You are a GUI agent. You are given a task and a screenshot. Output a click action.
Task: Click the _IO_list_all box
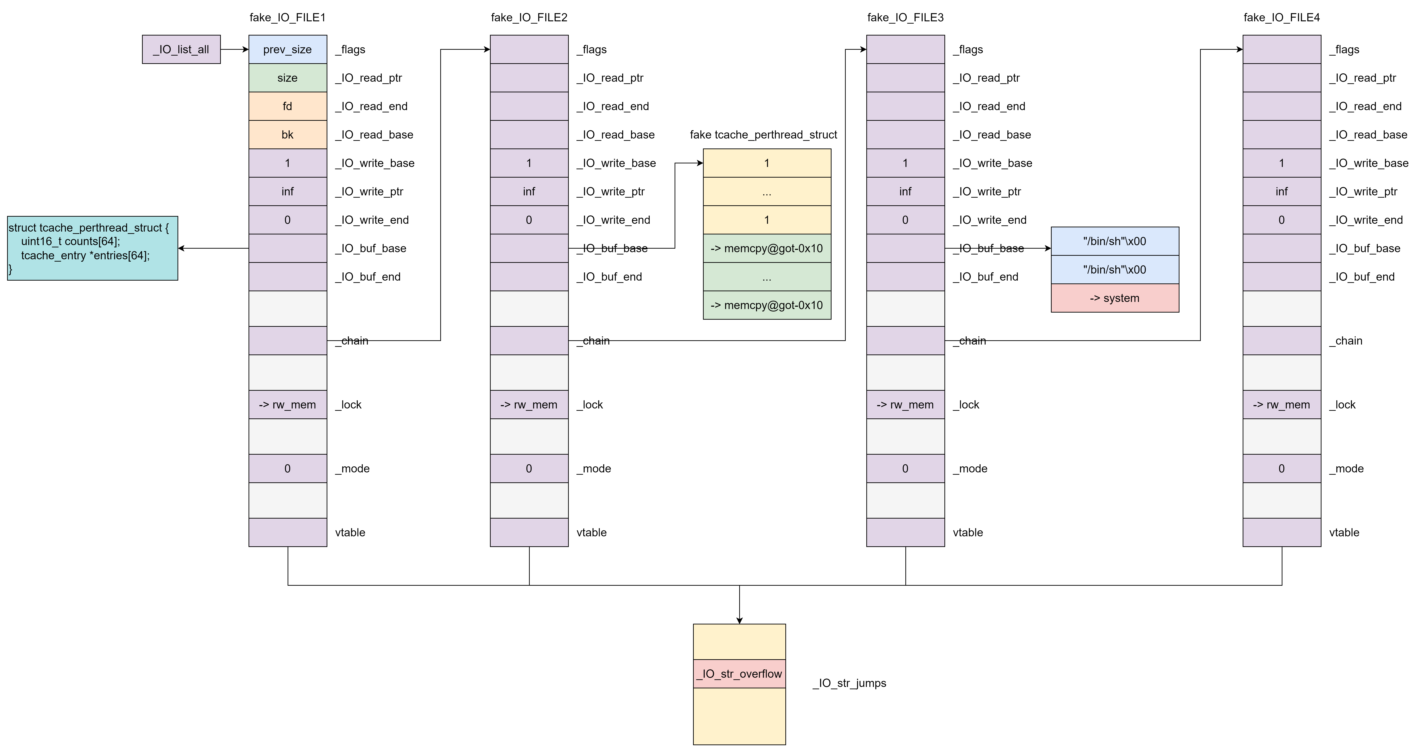(181, 49)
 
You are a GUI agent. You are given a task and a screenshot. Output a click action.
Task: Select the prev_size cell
(287, 49)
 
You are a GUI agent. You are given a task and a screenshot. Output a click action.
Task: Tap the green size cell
(287, 78)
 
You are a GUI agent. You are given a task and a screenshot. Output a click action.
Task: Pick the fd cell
(287, 106)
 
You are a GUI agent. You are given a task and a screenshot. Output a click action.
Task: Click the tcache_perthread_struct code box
(92, 248)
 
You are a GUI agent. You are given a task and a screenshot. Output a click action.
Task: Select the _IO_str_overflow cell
(739, 674)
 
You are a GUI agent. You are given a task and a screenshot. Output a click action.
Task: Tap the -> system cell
(1115, 298)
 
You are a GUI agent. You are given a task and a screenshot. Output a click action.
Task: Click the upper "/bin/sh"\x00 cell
(1115, 241)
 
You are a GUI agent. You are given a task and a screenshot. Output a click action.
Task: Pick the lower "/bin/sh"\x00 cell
(1115, 269)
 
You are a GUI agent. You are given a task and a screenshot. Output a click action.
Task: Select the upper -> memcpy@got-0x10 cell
(767, 248)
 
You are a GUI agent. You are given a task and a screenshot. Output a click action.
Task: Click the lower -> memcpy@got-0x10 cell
(767, 305)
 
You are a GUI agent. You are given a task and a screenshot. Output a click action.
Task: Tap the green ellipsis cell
(767, 277)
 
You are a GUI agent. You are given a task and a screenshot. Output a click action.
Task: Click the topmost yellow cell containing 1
(767, 163)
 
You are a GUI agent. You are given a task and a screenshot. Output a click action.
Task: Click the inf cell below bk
(287, 191)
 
